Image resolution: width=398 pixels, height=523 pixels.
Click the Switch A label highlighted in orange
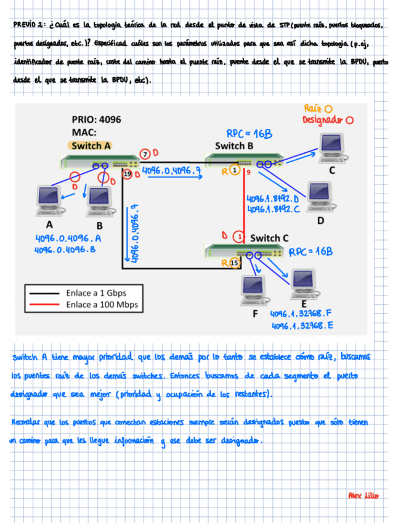pos(91,146)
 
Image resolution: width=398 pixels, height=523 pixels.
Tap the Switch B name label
pos(234,146)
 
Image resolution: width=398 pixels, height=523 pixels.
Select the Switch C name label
pos(269,238)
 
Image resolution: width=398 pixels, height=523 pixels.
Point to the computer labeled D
pos(319,196)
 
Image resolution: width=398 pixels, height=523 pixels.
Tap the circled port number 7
pos(145,153)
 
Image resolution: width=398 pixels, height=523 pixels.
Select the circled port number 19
pos(128,175)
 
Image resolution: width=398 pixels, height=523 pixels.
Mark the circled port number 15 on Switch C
pos(234,263)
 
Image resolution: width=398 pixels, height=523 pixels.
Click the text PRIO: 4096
pos(96,120)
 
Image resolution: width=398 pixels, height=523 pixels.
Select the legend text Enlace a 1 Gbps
pos(95,293)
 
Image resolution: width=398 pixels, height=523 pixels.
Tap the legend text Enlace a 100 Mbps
pos(102,305)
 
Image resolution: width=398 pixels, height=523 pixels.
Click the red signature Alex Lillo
pos(363,495)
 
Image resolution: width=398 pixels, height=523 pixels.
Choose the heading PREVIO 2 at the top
pos(29,25)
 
